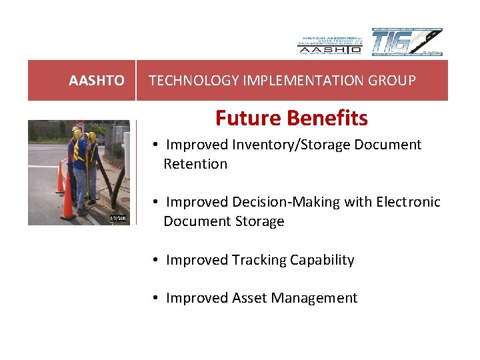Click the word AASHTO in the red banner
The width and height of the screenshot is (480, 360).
(96, 81)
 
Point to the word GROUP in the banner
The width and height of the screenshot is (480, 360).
(394, 81)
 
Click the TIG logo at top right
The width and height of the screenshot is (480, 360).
(407, 43)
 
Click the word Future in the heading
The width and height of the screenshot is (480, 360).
(245, 118)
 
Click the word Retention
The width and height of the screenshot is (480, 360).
(195, 163)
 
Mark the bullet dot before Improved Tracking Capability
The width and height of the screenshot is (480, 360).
(154, 260)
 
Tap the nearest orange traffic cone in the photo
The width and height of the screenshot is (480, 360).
(67, 197)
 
